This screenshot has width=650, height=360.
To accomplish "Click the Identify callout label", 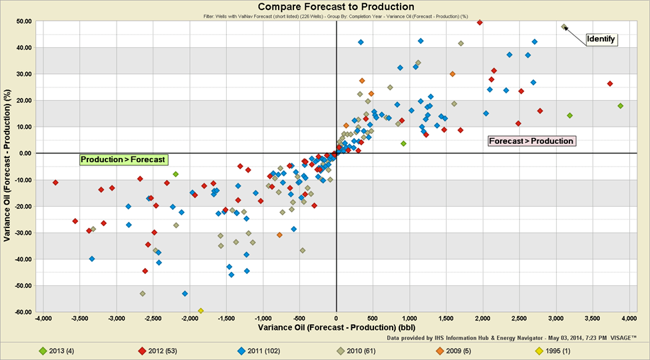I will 601,39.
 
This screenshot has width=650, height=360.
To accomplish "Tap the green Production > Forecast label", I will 123,159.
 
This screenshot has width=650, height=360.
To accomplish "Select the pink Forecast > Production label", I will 531,141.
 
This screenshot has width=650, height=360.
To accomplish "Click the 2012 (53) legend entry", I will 158,350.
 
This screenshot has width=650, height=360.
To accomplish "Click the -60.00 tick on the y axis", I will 23,312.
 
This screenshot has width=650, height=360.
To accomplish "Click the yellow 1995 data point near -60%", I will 201,311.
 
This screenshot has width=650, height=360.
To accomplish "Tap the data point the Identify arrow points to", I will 564,27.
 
